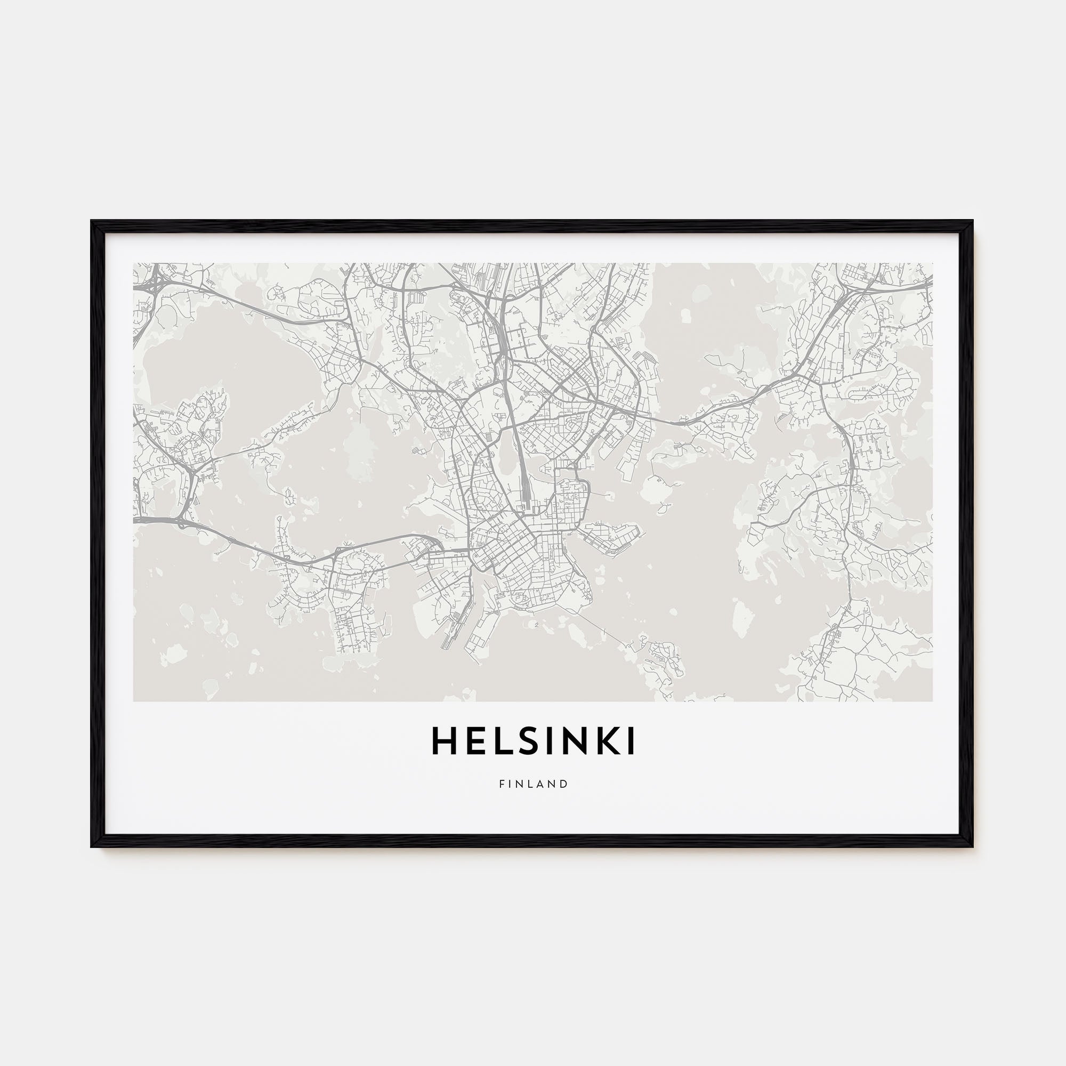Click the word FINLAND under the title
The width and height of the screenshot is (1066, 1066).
pyautogui.click(x=533, y=784)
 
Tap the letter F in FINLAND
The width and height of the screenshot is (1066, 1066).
pyautogui.click(x=502, y=784)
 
